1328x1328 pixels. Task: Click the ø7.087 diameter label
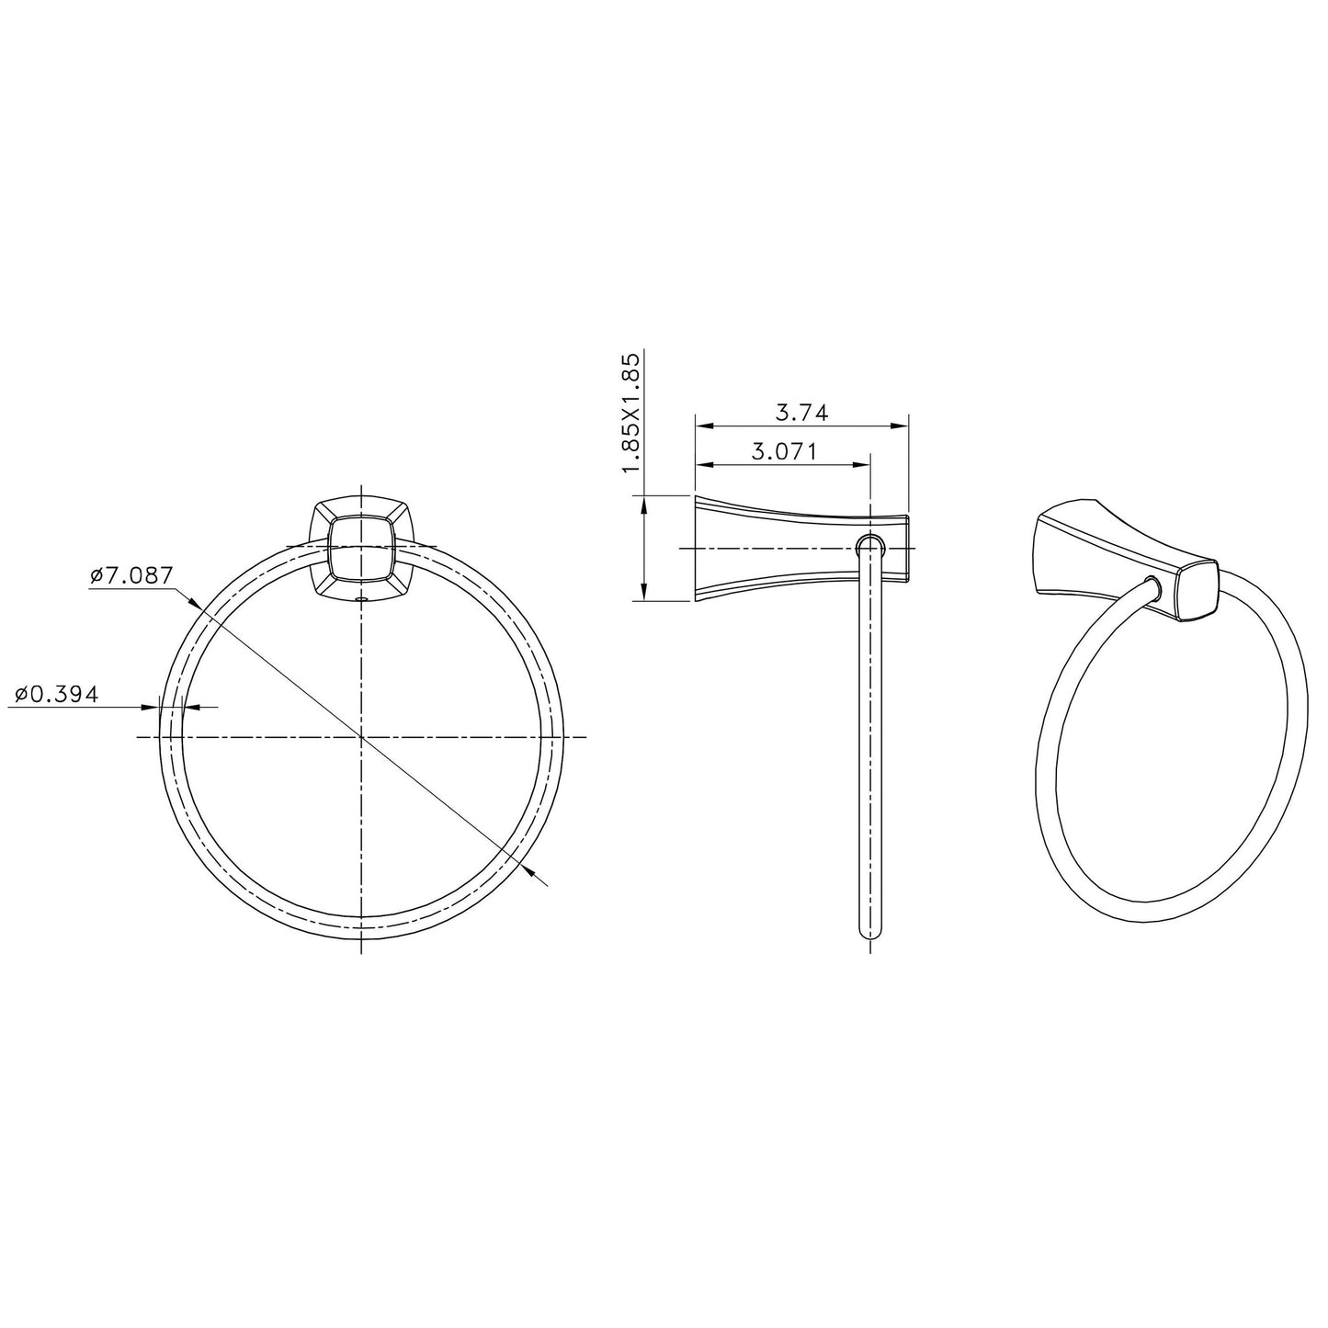click(131, 575)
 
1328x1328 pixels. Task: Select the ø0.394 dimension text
click(56, 694)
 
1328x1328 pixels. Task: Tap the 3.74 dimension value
click(802, 413)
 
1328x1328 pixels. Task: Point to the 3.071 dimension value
click(784, 452)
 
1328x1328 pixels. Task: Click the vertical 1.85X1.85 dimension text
click(632, 412)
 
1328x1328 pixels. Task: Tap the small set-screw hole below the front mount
click(360, 599)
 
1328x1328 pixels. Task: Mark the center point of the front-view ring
click(361, 737)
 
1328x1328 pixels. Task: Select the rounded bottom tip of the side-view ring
click(870, 933)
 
